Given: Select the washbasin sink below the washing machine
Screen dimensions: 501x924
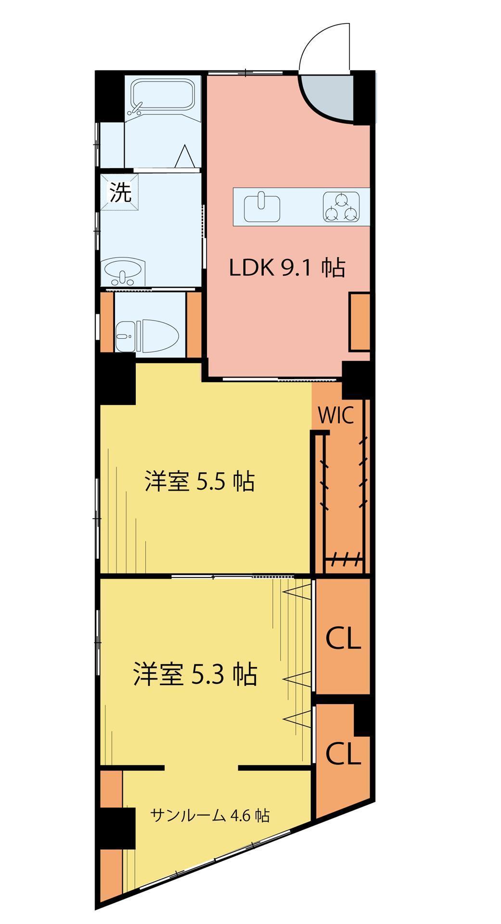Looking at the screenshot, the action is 124,271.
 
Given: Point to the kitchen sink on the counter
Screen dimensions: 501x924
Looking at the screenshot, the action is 262,207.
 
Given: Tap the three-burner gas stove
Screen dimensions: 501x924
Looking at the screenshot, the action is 341,207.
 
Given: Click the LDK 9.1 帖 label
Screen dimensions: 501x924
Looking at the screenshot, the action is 287,268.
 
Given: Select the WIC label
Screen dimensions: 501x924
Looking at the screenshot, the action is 336,416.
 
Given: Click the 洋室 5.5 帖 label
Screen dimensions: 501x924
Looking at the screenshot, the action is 199,481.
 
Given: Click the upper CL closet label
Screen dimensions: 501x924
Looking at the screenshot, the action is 343,639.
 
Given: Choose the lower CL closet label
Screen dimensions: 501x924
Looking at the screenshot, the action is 343,754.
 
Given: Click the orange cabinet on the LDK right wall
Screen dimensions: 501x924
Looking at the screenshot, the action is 359,321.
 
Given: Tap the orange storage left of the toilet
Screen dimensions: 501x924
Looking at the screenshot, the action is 107,322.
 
